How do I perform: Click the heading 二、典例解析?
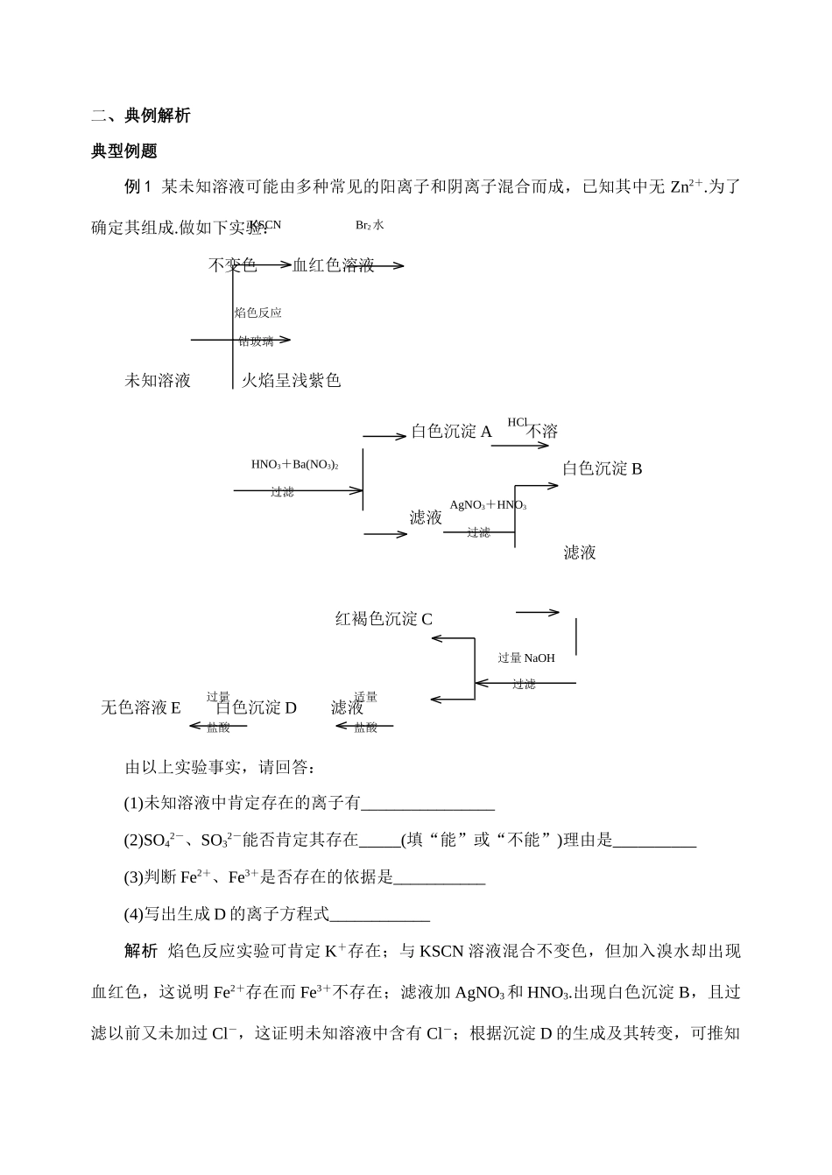click(x=140, y=116)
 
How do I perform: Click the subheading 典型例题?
click(x=124, y=151)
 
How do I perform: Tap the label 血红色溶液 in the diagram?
click(x=334, y=265)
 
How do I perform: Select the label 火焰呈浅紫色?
click(x=291, y=380)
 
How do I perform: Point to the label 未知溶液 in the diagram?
click(x=158, y=380)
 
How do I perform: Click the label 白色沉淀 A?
click(x=452, y=431)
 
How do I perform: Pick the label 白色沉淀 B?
click(x=603, y=468)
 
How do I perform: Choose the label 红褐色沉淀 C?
click(x=384, y=619)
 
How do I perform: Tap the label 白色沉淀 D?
click(x=257, y=707)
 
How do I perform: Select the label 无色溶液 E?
click(x=141, y=707)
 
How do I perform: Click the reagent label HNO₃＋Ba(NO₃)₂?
click(x=295, y=464)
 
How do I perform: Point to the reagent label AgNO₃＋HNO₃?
click(x=488, y=505)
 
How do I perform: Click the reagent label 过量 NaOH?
click(x=526, y=658)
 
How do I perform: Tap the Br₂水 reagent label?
click(x=370, y=225)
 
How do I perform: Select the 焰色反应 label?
click(x=258, y=313)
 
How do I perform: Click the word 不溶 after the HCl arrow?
click(x=542, y=431)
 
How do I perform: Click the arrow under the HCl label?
click(x=520, y=446)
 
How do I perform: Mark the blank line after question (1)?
click(x=428, y=803)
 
